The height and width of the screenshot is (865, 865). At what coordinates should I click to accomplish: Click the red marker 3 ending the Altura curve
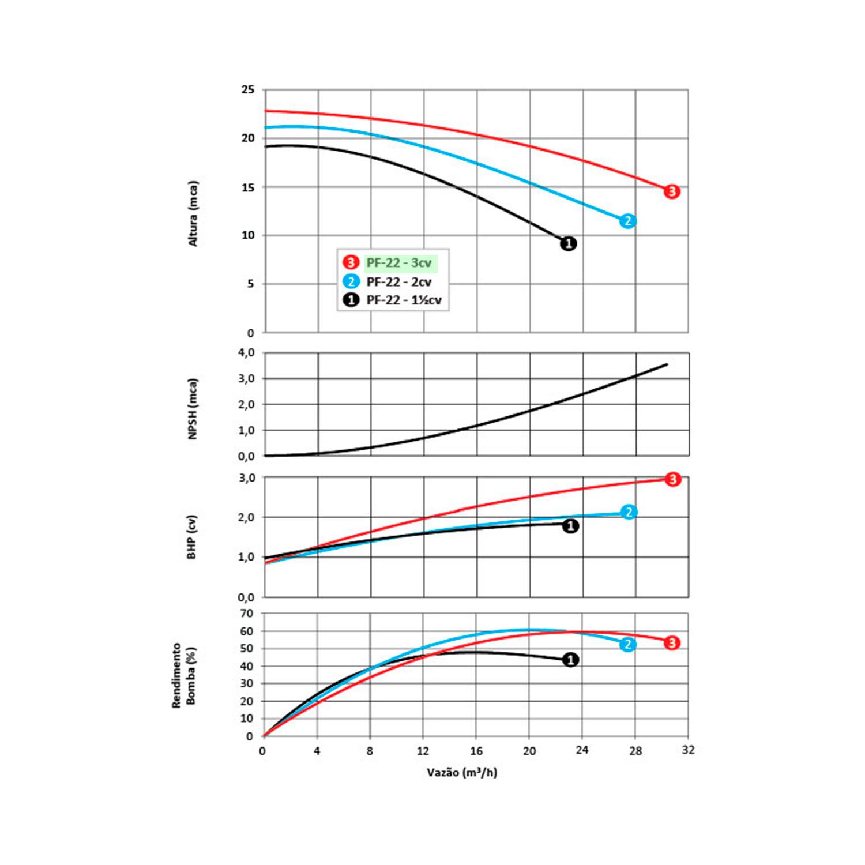click(x=671, y=191)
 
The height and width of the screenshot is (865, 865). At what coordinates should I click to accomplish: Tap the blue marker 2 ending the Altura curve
click(x=627, y=221)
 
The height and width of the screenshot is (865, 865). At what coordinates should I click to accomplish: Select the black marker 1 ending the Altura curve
click(x=568, y=243)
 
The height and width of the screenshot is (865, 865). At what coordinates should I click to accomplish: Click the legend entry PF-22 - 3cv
click(x=398, y=263)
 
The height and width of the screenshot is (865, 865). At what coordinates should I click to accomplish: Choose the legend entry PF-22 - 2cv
click(x=398, y=282)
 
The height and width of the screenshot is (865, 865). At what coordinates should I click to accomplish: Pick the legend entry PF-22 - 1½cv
click(x=404, y=300)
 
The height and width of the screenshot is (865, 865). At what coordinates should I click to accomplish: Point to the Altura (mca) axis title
click(x=193, y=214)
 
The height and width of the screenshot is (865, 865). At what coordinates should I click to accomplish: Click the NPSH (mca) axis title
click(x=193, y=408)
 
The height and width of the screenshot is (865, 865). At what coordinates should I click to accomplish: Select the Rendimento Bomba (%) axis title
click(x=184, y=675)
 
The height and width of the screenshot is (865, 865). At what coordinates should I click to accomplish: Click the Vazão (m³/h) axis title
click(x=462, y=772)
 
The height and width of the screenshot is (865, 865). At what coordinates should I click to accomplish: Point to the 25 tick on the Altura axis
click(x=247, y=90)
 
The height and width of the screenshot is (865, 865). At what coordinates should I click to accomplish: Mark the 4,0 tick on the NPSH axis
click(x=246, y=353)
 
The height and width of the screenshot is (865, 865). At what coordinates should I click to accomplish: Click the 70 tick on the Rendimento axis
click(x=247, y=614)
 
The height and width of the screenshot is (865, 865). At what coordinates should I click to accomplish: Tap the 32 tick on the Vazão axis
click(x=688, y=751)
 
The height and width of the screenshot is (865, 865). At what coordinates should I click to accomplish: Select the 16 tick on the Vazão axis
click(x=476, y=751)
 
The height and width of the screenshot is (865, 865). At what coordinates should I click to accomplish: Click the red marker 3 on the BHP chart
click(x=672, y=479)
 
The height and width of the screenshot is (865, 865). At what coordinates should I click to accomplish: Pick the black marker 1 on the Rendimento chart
click(x=570, y=660)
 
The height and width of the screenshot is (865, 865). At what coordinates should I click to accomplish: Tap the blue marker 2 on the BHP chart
click(x=629, y=512)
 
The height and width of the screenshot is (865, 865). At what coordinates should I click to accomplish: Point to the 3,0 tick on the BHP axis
click(x=246, y=478)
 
